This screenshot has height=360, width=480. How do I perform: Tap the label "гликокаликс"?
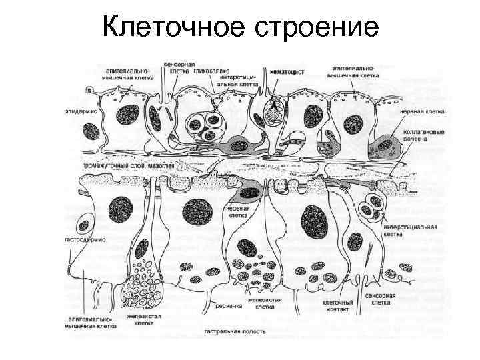[207, 69]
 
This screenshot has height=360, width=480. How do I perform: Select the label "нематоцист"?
[287, 70]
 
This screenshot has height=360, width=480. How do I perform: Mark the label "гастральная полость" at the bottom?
[235, 331]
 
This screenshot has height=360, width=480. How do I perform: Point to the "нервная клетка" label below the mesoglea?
[238, 212]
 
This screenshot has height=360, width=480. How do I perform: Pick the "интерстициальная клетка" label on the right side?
[409, 230]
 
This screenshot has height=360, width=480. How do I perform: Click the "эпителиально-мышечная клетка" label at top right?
[357, 72]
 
